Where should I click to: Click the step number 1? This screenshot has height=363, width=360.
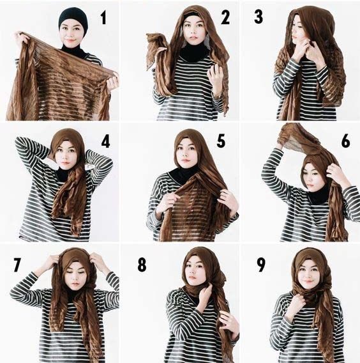(103, 18)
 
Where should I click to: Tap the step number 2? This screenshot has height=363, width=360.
(225, 18)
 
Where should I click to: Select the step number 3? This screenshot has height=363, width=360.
(259, 17)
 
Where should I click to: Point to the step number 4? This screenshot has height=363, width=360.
(106, 141)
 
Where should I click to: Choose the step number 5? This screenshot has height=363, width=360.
(221, 141)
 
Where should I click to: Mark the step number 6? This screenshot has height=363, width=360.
(346, 141)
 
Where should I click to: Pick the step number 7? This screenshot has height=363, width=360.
(17, 265)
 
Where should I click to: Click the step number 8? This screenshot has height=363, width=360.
(142, 265)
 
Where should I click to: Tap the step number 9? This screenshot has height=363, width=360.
(261, 265)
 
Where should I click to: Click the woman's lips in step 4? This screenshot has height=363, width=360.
(65, 163)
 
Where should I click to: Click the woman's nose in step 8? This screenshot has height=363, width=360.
(192, 272)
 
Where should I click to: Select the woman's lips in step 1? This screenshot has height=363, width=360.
(71, 40)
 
